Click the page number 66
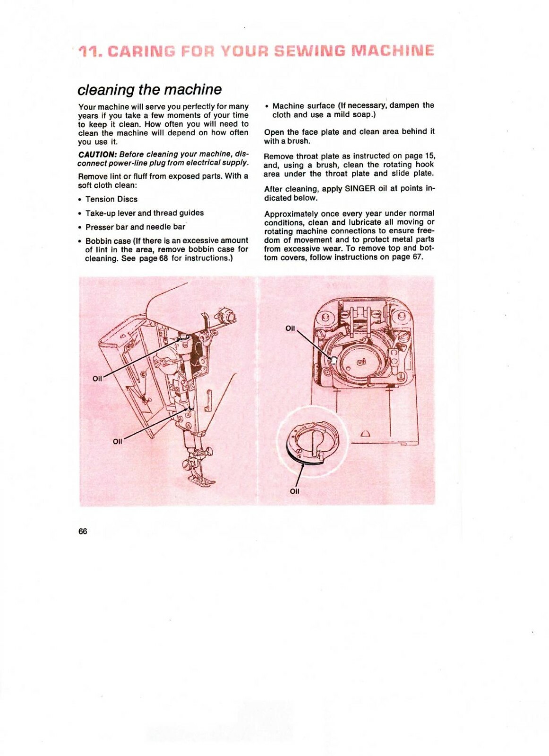(83, 531)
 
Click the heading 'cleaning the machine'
(149, 89)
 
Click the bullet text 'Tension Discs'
(112, 199)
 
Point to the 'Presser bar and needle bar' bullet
(135, 227)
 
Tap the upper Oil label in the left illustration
(97, 378)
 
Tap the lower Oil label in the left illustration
(118, 441)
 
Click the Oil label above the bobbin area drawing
(290, 328)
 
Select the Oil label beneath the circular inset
(294, 491)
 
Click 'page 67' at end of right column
(407, 257)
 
